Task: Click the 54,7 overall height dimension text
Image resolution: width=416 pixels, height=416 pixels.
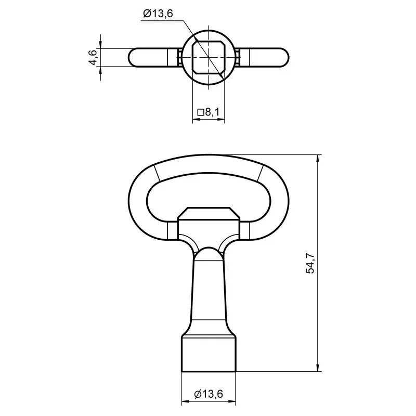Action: [310, 264]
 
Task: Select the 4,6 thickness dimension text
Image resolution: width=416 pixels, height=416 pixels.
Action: [93, 57]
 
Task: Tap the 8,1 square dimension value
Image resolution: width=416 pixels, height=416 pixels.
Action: [212, 112]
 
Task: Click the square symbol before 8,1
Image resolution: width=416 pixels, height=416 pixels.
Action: [200, 112]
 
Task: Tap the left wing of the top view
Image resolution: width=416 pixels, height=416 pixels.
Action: [151, 57]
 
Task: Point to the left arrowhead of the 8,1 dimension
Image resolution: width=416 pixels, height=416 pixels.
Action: [196, 120]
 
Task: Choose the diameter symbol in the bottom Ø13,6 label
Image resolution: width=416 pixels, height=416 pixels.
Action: [198, 395]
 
